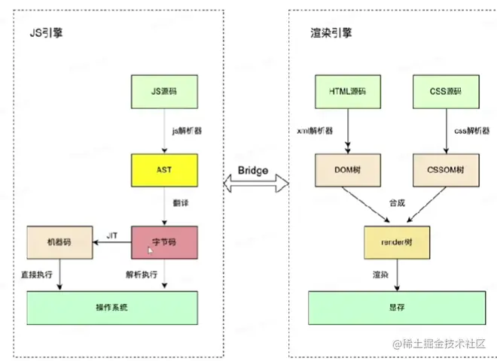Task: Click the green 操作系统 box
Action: (x=112, y=307)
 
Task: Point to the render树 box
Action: (x=397, y=241)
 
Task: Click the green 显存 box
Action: (x=395, y=307)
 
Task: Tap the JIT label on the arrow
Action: (x=111, y=235)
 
